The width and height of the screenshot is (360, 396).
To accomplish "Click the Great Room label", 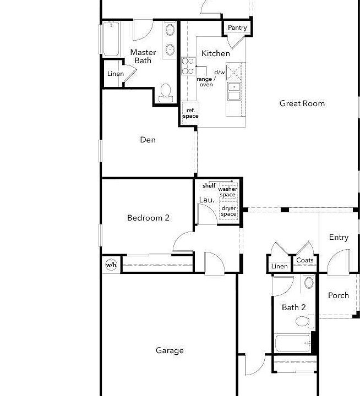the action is coord(302,103).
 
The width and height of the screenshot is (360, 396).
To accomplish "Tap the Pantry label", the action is coord(237,28).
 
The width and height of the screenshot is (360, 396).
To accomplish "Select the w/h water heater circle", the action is coord(111,265).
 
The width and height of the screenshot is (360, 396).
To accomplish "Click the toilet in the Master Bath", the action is coord(166,93).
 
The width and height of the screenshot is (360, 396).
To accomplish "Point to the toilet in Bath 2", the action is coord(305,321).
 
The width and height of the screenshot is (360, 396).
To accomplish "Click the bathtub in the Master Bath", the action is coord(111,39).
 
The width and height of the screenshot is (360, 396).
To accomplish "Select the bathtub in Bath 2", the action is coord(293,343).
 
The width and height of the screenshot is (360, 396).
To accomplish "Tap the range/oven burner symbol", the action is coord(188,66).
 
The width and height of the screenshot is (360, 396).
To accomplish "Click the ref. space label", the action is coord(190,113).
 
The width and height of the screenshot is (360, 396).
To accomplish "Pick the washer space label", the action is coord(227,192).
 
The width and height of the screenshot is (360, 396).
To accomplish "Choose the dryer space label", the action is coord(228,211).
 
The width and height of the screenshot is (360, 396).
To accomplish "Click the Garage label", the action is coord(170,350).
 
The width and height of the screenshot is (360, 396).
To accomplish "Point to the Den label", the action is coord(148,140).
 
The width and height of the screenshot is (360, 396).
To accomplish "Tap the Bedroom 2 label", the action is coord(148,218).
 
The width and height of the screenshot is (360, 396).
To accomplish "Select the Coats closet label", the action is coord(304,260).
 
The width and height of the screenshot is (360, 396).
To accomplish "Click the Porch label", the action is coord(339,295).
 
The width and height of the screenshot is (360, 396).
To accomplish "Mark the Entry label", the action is coord(339,237).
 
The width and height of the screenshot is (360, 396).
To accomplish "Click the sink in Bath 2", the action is coord(309,283).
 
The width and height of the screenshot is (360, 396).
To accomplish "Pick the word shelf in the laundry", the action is coord(209,186).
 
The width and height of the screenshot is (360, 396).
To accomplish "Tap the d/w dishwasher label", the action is coord(220,72).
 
